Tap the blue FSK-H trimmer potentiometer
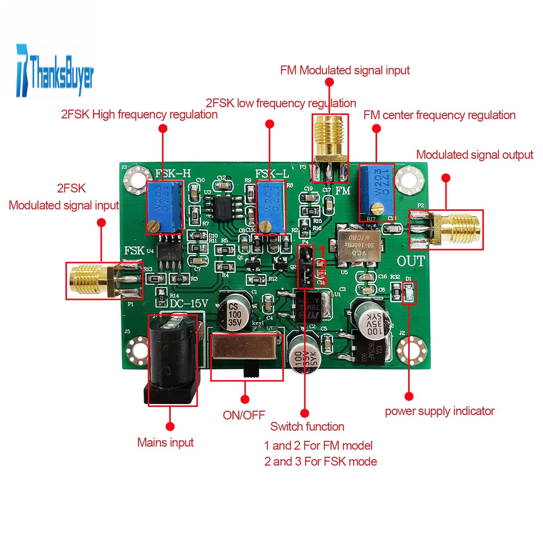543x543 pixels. [x=165, y=207]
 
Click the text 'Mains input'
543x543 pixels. [x=165, y=443]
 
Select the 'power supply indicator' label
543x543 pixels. [x=439, y=411]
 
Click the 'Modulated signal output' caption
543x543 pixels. [x=474, y=155]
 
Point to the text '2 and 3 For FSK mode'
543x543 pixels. [x=320, y=462]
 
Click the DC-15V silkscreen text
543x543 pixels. [x=189, y=303]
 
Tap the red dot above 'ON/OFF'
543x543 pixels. [x=245, y=399]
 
